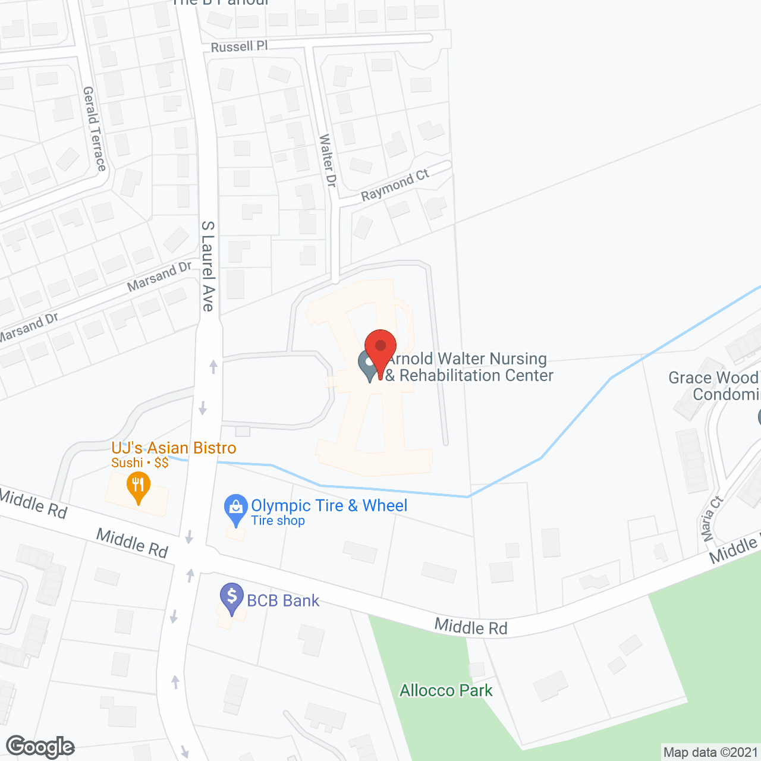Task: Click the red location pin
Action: point(380,348)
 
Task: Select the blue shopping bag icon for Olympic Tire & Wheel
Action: point(235,508)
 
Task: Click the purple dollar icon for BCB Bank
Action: point(232,598)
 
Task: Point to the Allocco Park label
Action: point(446,690)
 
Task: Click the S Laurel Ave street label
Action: point(207,266)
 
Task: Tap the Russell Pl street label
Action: point(239,46)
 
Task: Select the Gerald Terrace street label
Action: point(94,128)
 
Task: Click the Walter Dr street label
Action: point(328,161)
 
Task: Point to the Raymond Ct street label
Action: point(395,185)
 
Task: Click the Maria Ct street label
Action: point(711,518)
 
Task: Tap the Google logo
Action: point(40,747)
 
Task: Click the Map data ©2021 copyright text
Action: point(710,753)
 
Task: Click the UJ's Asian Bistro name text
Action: point(174,448)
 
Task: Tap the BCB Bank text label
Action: point(283,600)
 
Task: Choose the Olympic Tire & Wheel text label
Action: point(329,505)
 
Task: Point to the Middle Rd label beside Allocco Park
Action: point(471,626)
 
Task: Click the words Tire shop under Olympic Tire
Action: point(278,521)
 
